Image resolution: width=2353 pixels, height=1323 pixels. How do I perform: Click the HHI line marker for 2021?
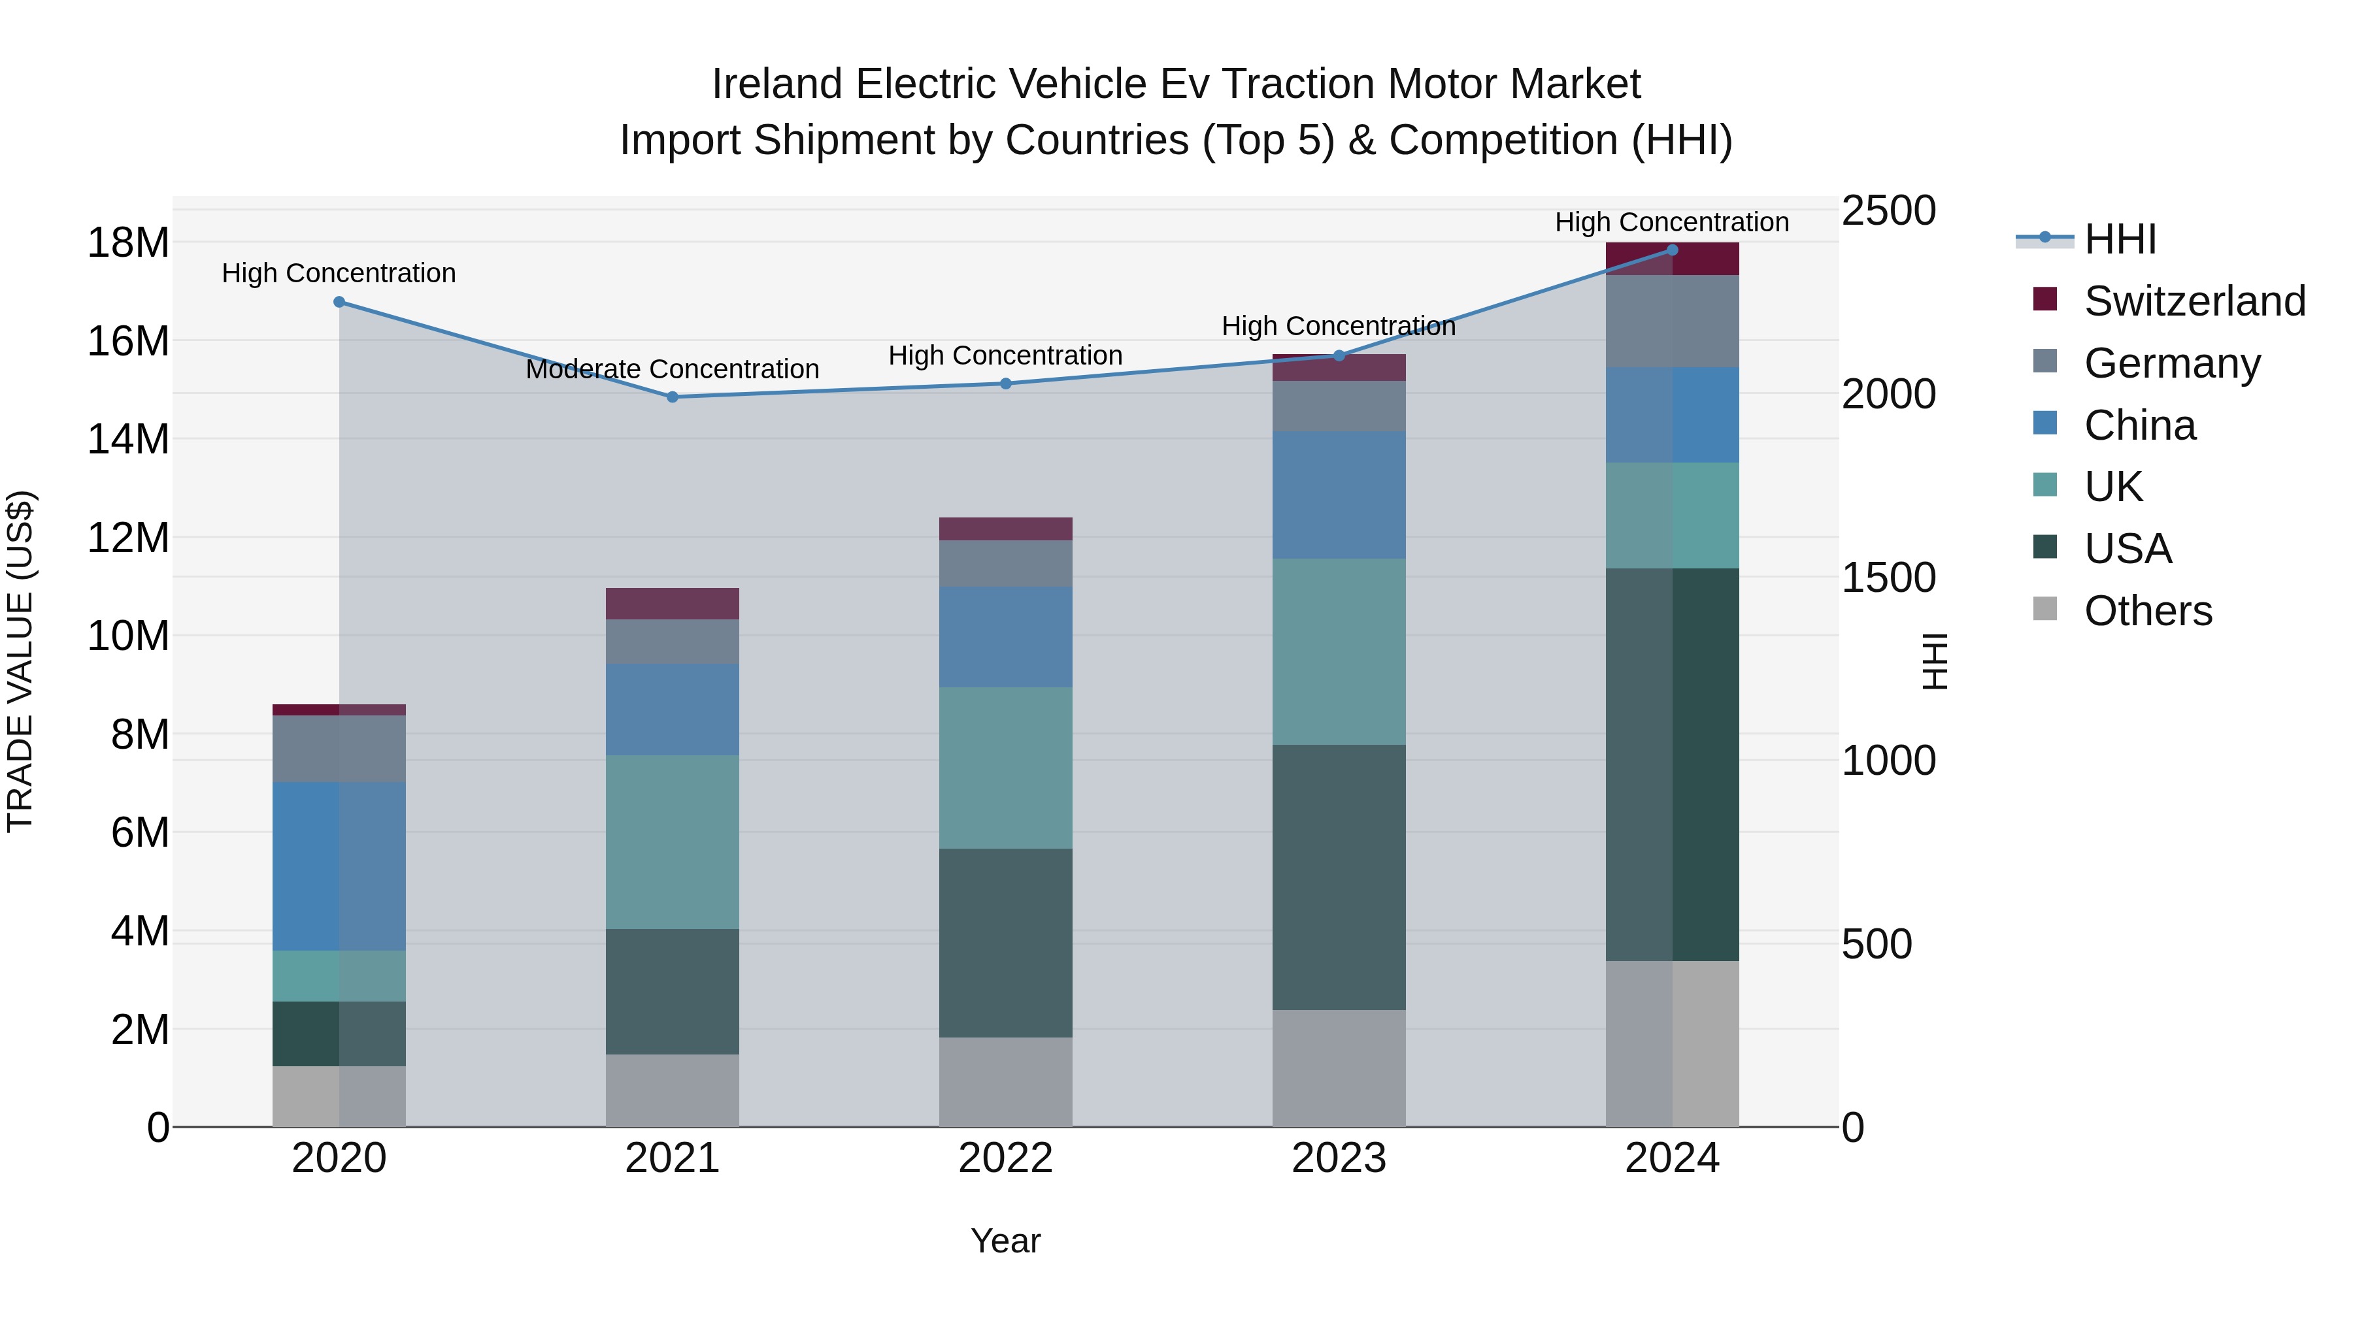(x=673, y=397)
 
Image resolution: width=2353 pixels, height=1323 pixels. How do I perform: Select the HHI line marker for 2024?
(x=1673, y=250)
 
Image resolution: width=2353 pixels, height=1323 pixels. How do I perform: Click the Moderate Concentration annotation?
(x=673, y=370)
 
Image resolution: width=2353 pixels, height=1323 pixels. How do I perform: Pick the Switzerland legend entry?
(x=2194, y=301)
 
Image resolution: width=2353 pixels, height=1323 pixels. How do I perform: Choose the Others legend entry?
(x=2148, y=611)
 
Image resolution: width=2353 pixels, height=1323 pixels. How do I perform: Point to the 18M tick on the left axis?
(x=128, y=243)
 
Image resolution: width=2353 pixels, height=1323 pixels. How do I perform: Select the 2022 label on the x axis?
(x=1006, y=1158)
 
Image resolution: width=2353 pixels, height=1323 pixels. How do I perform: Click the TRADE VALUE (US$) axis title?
(x=20, y=661)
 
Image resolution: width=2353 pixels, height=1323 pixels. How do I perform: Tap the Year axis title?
(x=1006, y=1241)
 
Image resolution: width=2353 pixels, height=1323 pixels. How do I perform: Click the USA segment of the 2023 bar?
(x=1339, y=877)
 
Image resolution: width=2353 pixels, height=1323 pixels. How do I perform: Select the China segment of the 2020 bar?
(x=339, y=866)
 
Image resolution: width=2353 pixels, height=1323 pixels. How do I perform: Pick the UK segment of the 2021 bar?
(x=673, y=842)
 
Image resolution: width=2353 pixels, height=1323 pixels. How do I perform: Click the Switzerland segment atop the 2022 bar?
(x=1006, y=530)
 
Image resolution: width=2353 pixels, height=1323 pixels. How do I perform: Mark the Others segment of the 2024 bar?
(x=1673, y=1043)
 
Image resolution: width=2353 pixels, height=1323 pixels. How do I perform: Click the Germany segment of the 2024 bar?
(x=1673, y=321)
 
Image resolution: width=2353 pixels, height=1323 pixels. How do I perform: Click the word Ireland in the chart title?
(x=776, y=84)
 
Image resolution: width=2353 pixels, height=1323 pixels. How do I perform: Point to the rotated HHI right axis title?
(x=1935, y=661)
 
